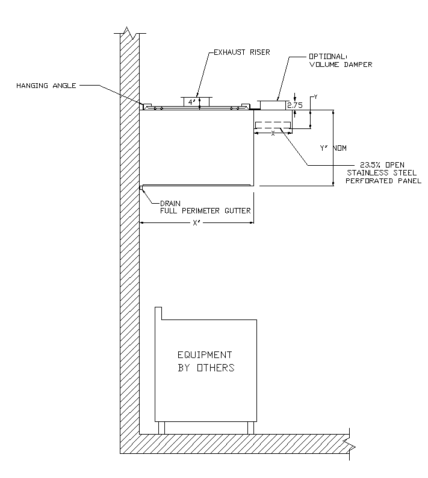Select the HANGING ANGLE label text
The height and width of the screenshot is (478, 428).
(46, 86)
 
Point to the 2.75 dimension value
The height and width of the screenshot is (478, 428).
(295, 105)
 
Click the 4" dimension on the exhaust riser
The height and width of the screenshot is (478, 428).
(191, 102)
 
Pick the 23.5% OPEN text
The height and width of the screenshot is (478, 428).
(382, 165)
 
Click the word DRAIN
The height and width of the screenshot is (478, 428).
(171, 203)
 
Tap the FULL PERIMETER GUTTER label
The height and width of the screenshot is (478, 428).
(205, 211)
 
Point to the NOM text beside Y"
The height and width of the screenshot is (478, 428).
(340, 148)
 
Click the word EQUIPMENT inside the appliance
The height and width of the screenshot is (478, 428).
(204, 354)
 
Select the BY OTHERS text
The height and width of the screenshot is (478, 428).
(205, 367)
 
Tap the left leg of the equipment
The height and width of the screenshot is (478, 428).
(161, 427)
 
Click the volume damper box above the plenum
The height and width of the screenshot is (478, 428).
(273, 105)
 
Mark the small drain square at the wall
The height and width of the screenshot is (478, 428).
(141, 188)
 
